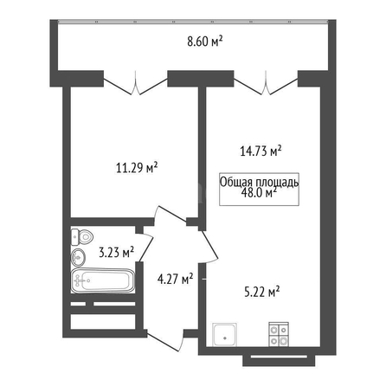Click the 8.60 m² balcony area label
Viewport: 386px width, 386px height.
tap(205, 42)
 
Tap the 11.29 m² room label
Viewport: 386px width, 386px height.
tap(137, 167)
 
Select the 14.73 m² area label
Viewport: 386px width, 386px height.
tap(261, 151)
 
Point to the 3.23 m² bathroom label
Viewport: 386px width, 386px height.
tap(116, 253)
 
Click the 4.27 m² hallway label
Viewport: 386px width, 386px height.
tap(175, 279)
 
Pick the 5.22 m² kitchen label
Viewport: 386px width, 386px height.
tap(262, 292)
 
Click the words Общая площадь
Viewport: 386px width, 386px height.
tap(259, 183)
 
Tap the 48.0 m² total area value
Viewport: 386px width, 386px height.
tap(259, 193)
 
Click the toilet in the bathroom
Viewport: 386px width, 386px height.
tap(82, 237)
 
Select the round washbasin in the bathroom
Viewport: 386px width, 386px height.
tap(78, 256)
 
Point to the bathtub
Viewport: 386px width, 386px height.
tap(103, 280)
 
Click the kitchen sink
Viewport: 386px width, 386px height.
tap(225, 334)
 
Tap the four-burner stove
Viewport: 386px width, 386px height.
tap(279, 334)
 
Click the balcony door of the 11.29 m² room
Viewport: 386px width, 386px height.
tap(136, 86)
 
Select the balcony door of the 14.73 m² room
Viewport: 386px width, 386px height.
tap(266, 86)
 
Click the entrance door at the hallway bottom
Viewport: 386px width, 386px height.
tap(165, 340)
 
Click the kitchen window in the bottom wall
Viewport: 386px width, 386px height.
tap(279, 357)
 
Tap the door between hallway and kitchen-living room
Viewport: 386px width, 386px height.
tap(209, 247)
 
